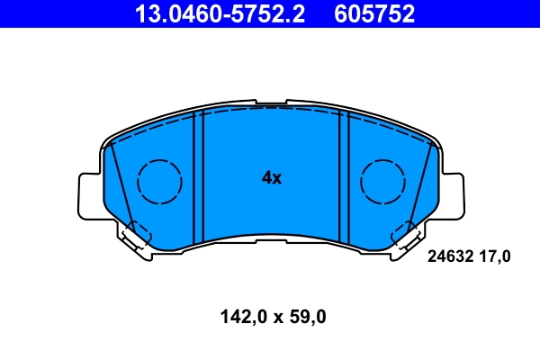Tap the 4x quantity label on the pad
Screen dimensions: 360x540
(x=271, y=178)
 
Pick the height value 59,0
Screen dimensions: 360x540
(x=306, y=317)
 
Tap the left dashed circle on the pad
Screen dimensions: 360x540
(x=159, y=182)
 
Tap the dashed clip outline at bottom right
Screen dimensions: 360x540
(x=403, y=236)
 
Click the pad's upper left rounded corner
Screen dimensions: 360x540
(x=110, y=144)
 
